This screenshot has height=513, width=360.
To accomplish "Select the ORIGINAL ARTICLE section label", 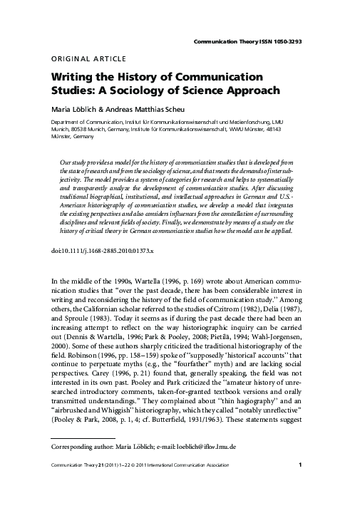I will point(89,58).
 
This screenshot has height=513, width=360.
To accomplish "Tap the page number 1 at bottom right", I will point(304,486).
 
